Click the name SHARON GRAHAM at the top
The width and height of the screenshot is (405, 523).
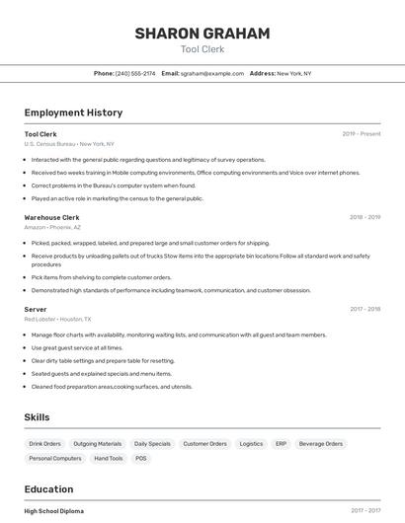[202, 34]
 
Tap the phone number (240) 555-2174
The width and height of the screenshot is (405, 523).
[135, 73]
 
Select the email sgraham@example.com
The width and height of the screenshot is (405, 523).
[211, 73]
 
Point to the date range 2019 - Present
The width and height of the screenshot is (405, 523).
[362, 134]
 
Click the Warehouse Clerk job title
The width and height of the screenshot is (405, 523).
[51, 217]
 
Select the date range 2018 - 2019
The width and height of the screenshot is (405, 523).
[364, 217]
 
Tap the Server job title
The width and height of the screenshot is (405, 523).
[36, 309]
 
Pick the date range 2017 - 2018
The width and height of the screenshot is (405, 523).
[364, 309]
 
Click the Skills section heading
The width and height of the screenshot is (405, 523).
[37, 417]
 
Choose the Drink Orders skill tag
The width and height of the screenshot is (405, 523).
[44, 444]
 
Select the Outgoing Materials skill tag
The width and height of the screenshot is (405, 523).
[98, 444]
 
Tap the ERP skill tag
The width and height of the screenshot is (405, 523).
[281, 444]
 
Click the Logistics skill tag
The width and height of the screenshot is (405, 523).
[251, 444]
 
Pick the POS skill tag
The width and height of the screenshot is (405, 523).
[141, 459]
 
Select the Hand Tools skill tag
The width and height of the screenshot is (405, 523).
[109, 459]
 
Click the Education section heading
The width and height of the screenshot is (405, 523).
[48, 489]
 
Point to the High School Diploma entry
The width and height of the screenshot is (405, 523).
[54, 511]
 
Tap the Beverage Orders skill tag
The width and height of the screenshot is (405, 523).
[320, 444]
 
